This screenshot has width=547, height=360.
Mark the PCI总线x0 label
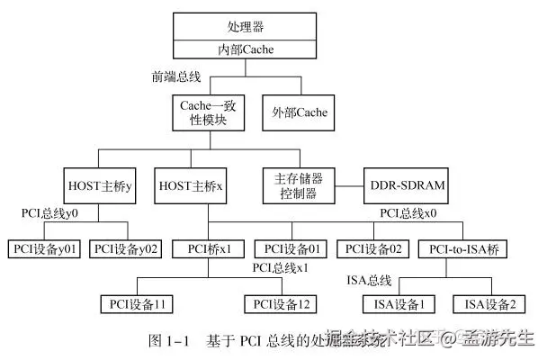point(408,214)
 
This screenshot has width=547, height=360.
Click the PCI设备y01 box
point(44,247)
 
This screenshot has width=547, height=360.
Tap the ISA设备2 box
point(489,304)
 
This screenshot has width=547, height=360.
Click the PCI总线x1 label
point(280,268)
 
